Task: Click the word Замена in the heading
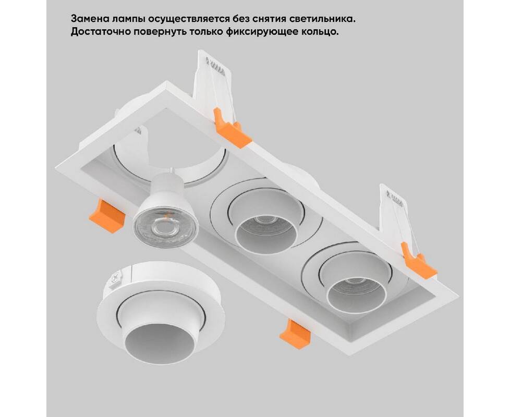point(90,19)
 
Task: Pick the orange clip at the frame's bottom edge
point(295,334)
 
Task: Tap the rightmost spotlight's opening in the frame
point(357,295)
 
